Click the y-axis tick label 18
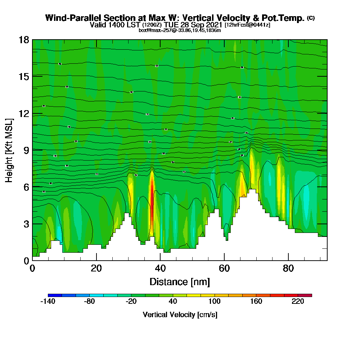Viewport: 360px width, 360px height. (24, 40)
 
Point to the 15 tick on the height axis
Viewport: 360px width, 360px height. (24, 76)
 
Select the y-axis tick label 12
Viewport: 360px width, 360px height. (24, 113)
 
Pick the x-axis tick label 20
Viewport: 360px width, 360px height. (96, 269)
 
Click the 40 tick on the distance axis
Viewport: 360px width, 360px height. (160, 269)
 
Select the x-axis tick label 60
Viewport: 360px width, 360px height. (224, 269)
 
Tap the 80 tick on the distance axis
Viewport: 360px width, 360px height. (288, 269)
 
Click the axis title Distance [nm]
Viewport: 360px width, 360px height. (180, 282)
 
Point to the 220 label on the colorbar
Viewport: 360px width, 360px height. (298, 302)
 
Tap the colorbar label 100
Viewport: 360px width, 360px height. (215, 302)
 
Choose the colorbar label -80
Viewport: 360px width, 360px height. (89, 302)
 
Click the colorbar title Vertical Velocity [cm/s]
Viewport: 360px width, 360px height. (180, 315)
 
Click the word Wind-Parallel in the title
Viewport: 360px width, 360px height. (74, 18)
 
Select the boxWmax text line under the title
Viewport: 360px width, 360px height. (180, 30)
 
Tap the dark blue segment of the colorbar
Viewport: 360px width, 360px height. (55, 295)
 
